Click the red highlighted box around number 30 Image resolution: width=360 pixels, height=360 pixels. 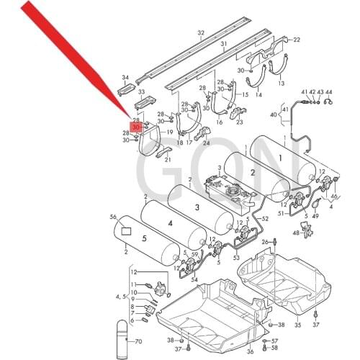[x=136, y=125]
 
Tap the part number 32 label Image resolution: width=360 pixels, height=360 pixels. [x=201, y=33]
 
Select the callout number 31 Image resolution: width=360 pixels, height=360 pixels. [x=224, y=45]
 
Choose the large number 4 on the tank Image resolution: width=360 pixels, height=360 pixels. [x=171, y=224]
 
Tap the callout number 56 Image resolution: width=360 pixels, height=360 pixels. [x=112, y=217]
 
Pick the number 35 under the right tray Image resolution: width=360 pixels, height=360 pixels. [x=298, y=305]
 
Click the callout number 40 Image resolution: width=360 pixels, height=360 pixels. [x=274, y=114]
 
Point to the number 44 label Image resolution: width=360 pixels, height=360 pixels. [x=329, y=92]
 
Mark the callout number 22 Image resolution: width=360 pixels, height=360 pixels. [x=297, y=40]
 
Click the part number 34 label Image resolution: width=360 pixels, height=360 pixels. [x=125, y=78]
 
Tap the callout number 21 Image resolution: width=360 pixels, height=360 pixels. [x=168, y=159]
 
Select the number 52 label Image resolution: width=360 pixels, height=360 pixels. [x=266, y=218]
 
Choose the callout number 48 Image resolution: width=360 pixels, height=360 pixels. [x=296, y=233]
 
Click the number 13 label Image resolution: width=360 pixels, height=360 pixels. [x=282, y=84]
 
